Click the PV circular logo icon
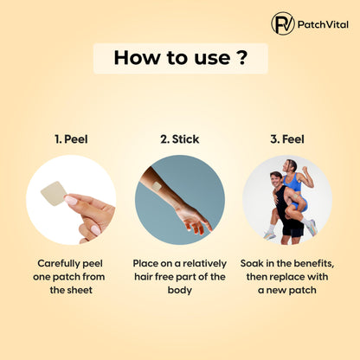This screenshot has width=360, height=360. pos(283,23)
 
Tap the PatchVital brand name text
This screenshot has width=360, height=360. pos(323,24)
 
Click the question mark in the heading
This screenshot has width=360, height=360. pos(243,57)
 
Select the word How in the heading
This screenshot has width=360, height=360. pos(137,57)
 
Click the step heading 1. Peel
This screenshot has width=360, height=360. pos(71,139)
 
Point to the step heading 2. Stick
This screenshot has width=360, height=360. pos(179,139)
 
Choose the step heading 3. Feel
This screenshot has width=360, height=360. pos(287,139)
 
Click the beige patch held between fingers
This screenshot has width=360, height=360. pos(54,193)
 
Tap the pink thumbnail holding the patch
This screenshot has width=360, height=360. pos(70,200)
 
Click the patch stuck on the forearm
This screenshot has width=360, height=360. pos(157,186)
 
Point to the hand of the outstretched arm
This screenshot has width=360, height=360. pos(194,220)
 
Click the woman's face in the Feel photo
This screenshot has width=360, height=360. pos(289,166)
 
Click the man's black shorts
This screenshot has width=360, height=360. pos(292,228)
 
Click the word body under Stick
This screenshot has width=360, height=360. pos(179,290)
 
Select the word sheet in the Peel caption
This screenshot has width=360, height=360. pos(80,290)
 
